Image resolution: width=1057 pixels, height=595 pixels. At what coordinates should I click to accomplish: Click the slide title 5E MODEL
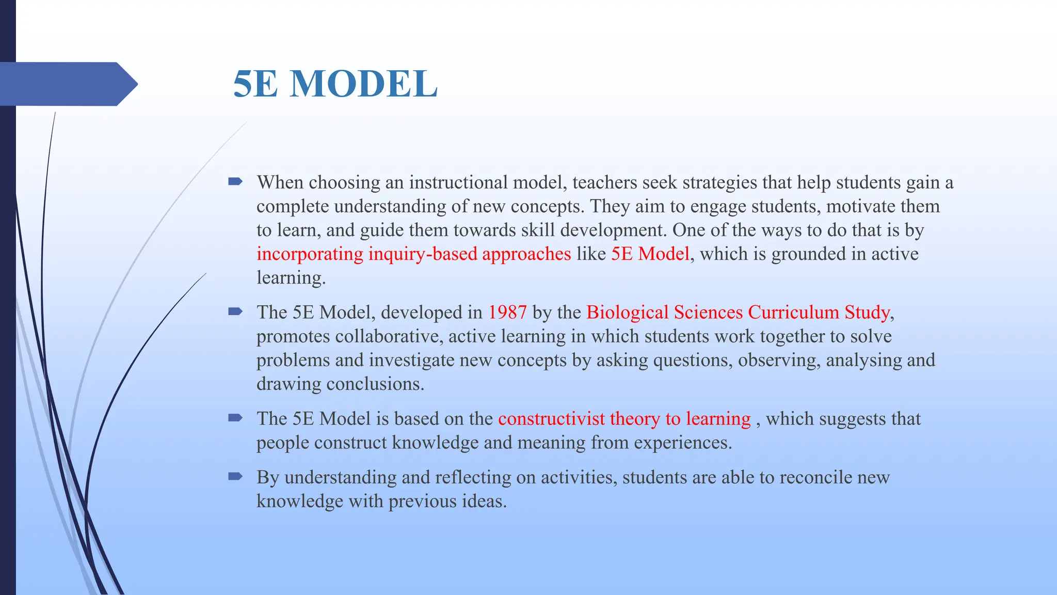(x=335, y=84)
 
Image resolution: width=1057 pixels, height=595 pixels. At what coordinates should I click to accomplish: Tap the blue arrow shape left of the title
(x=67, y=84)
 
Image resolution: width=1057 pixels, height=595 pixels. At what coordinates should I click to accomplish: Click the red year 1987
(x=507, y=312)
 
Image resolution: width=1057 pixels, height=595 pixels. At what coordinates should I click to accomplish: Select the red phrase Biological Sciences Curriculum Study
(x=738, y=312)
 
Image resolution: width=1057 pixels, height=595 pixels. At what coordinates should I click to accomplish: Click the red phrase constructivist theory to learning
(x=624, y=419)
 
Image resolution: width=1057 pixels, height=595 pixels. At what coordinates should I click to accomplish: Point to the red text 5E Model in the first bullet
(x=650, y=254)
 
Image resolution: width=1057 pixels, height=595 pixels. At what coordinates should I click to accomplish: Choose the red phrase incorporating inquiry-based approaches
(x=413, y=254)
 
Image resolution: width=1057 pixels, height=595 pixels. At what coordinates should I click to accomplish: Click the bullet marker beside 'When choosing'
(x=235, y=181)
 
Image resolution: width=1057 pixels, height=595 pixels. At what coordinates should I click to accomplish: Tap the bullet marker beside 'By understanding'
(x=235, y=476)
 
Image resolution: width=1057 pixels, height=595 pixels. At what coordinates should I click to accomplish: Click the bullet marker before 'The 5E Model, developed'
(x=235, y=311)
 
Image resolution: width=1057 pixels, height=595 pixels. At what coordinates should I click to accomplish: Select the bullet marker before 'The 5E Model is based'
(x=235, y=418)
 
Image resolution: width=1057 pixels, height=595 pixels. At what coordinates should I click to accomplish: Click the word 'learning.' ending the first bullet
(x=291, y=278)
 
